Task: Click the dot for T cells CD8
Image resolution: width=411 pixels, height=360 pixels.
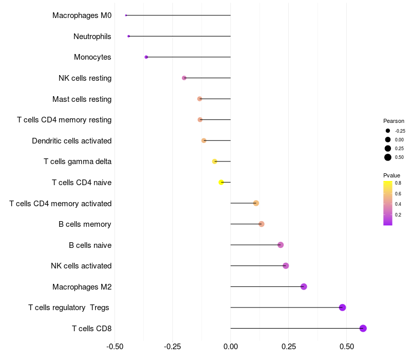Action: tap(363, 328)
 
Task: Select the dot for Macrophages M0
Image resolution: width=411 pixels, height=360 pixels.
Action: tap(126, 15)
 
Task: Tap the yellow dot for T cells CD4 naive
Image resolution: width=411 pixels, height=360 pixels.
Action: tap(221, 182)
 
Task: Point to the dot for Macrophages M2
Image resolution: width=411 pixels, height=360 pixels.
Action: tap(304, 286)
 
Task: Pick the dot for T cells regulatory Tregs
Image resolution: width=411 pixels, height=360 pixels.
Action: tap(343, 308)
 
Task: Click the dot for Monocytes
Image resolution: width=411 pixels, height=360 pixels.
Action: tap(146, 57)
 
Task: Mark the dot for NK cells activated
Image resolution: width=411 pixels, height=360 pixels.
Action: tap(286, 266)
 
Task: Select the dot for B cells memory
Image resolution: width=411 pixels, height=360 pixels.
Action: tap(261, 224)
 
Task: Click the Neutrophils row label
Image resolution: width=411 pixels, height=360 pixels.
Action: tap(92, 37)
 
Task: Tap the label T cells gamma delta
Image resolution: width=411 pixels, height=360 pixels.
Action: tap(78, 161)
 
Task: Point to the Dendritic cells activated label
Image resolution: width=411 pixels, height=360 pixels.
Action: tap(71, 141)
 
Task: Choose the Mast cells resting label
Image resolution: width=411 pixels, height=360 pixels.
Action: tap(82, 99)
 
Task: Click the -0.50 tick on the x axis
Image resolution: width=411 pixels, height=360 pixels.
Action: tap(115, 347)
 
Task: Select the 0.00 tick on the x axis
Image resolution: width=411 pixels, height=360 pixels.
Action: tap(231, 347)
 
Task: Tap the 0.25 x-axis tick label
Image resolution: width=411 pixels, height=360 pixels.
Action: tap(289, 347)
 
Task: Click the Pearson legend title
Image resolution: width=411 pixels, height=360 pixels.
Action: tap(394, 121)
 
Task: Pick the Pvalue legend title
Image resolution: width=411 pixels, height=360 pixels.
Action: tap(391, 175)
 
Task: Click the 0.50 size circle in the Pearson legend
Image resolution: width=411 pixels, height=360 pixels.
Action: tap(388, 157)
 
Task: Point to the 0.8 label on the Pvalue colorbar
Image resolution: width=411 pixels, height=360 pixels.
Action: tap(398, 183)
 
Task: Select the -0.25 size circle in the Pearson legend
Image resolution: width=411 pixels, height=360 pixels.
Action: tap(388, 131)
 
